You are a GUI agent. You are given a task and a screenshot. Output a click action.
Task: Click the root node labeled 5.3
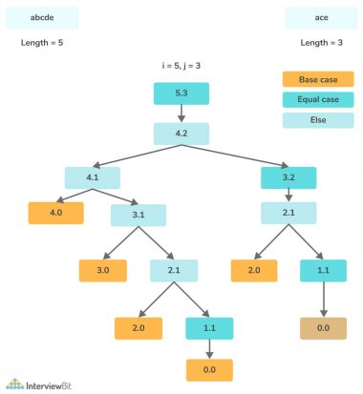[181, 93]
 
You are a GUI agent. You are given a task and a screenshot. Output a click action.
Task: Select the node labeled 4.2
[181, 135]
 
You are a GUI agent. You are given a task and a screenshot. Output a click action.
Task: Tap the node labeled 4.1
[93, 176]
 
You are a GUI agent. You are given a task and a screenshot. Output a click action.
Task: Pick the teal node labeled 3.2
[288, 176]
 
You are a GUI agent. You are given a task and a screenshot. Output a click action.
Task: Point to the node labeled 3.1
[139, 214]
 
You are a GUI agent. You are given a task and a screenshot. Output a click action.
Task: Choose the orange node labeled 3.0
[106, 271]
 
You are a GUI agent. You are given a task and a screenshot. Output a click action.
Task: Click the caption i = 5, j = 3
[181, 65]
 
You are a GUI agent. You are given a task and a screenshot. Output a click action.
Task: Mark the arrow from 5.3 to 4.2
[181, 114]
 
